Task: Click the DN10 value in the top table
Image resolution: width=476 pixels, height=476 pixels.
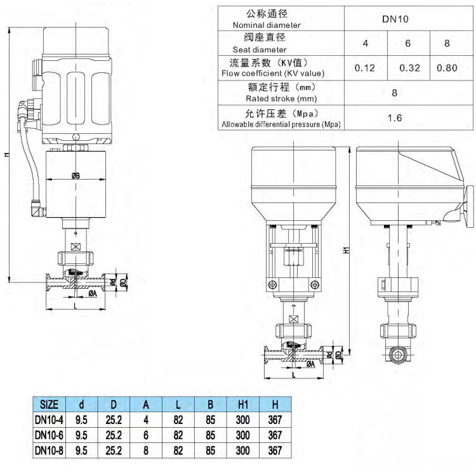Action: pos(394,19)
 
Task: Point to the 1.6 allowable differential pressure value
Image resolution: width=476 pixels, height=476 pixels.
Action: pos(394,117)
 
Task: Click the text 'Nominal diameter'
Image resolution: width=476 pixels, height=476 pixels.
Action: pos(263,25)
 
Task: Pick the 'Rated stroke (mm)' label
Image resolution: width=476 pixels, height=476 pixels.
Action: pos(281,98)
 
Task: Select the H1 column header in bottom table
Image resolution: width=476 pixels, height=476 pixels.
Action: pos(243,404)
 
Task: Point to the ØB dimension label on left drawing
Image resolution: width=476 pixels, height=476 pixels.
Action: pos(76,176)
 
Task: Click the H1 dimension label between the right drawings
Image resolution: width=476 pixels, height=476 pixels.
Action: pos(347,250)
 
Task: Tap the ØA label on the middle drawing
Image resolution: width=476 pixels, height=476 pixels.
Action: pos(310,364)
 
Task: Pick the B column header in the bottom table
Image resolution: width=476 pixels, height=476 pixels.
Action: pos(209,404)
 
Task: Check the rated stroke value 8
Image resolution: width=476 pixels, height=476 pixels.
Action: pos(394,93)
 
